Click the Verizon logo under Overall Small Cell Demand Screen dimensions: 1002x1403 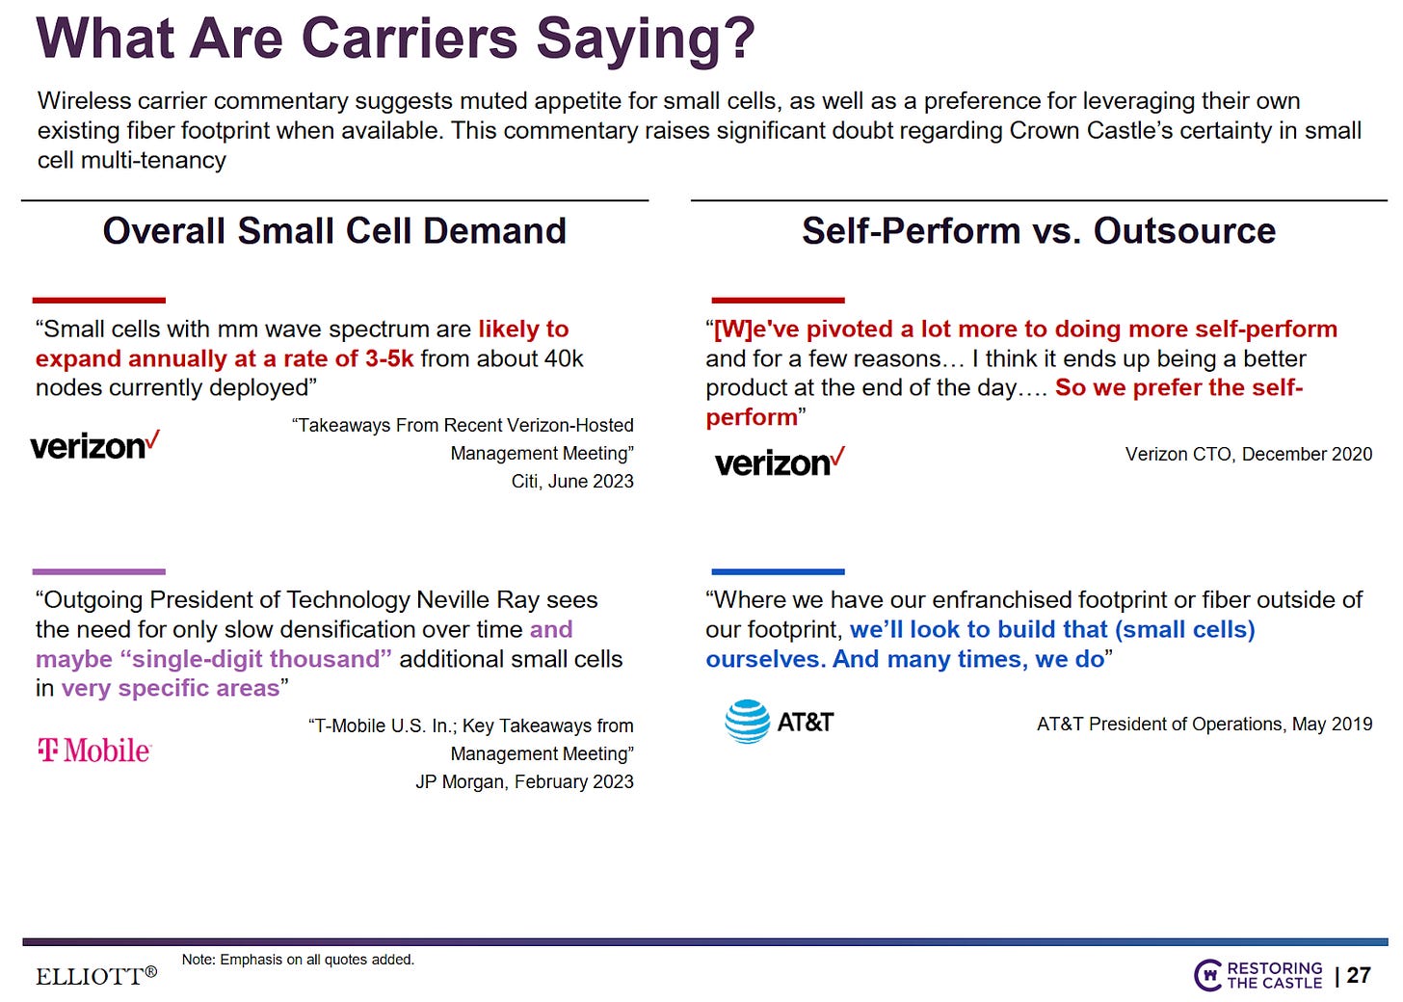[x=94, y=446]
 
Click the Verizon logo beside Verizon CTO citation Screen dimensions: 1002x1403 [x=780, y=462]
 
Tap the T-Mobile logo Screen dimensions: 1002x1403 [x=94, y=750]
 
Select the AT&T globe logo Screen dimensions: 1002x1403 [x=747, y=722]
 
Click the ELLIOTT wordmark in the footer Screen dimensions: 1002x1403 [x=96, y=976]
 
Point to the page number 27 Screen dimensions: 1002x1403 [x=1359, y=975]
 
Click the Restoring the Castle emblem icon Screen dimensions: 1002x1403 [x=1207, y=975]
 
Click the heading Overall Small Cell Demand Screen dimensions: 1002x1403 [x=334, y=231]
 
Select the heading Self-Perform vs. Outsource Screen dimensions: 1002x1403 [x=1039, y=231]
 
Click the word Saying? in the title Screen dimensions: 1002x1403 [x=645, y=39]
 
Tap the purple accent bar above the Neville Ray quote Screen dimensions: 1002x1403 [x=99, y=571]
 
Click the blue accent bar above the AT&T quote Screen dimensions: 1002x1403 [x=778, y=571]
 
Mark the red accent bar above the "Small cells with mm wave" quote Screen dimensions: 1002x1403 [x=99, y=301]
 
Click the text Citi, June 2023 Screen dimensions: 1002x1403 [x=572, y=481]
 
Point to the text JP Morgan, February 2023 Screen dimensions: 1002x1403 [x=524, y=781]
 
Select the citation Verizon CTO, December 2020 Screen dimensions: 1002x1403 [x=1248, y=454]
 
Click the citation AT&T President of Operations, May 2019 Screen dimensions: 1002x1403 [x=1204, y=724]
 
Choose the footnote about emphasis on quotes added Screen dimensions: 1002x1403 [x=298, y=960]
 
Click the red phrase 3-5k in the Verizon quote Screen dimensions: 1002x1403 [x=389, y=358]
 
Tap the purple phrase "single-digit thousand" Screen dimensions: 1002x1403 [x=255, y=659]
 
